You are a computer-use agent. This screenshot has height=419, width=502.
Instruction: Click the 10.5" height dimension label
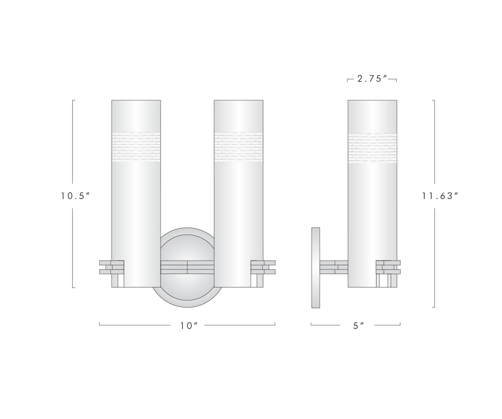tap(75, 196)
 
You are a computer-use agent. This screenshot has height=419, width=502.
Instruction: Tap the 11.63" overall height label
tap(440, 196)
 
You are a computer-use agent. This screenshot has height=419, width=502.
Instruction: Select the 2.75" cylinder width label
tap(372, 79)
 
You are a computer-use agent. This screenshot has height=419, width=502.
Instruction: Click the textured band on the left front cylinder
tap(136, 147)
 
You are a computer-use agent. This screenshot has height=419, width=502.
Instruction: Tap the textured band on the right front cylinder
tap(238, 147)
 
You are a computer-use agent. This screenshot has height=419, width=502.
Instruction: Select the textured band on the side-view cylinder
tap(372, 148)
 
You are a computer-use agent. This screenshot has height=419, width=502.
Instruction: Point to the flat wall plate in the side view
tap(316, 268)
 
